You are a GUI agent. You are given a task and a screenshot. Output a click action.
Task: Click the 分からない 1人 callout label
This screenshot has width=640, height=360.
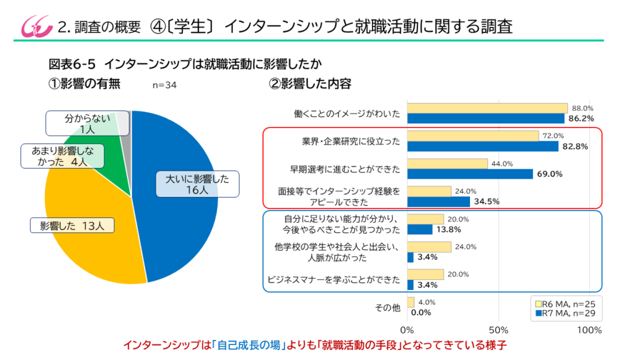(x=87, y=123)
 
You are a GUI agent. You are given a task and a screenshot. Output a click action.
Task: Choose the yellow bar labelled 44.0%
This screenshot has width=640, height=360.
(x=447, y=164)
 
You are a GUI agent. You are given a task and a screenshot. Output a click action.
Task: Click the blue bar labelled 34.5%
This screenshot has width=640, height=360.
(x=438, y=202)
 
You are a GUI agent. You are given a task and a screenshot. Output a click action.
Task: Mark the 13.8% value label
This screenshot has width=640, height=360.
(x=447, y=230)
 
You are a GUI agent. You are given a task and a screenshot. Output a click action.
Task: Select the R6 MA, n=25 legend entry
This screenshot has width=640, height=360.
(x=564, y=302)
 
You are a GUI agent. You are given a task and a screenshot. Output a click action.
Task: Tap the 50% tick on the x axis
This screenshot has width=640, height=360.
(x=498, y=329)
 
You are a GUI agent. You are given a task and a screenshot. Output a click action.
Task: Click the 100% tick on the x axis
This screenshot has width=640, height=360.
(x=589, y=329)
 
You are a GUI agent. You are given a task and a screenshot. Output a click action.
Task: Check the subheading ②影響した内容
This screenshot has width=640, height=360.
(x=309, y=84)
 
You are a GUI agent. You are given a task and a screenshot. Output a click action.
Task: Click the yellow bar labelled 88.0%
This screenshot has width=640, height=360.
(x=487, y=108)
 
